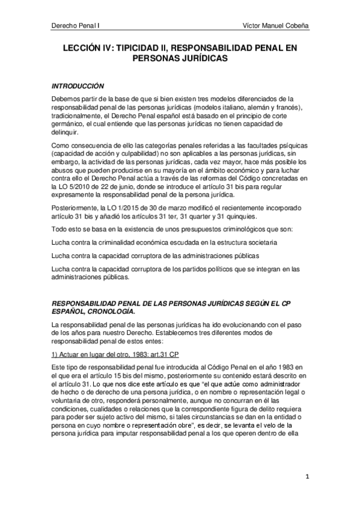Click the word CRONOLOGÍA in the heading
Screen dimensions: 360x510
pyautogui.click(x=108, y=313)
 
